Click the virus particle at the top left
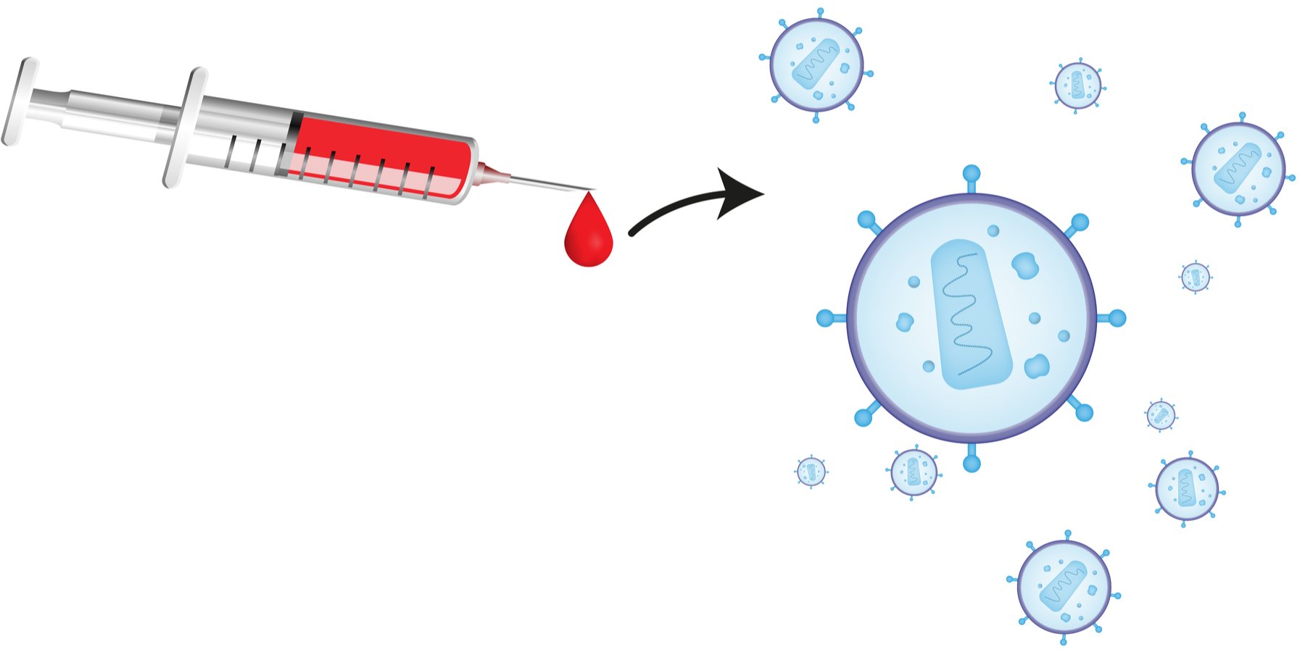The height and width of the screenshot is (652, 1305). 816,65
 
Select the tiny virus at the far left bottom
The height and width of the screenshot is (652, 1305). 811,472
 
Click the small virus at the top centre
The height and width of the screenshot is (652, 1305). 1077,85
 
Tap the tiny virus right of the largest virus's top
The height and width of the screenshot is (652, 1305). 1195,277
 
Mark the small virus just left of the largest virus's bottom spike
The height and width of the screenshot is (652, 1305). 913,472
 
